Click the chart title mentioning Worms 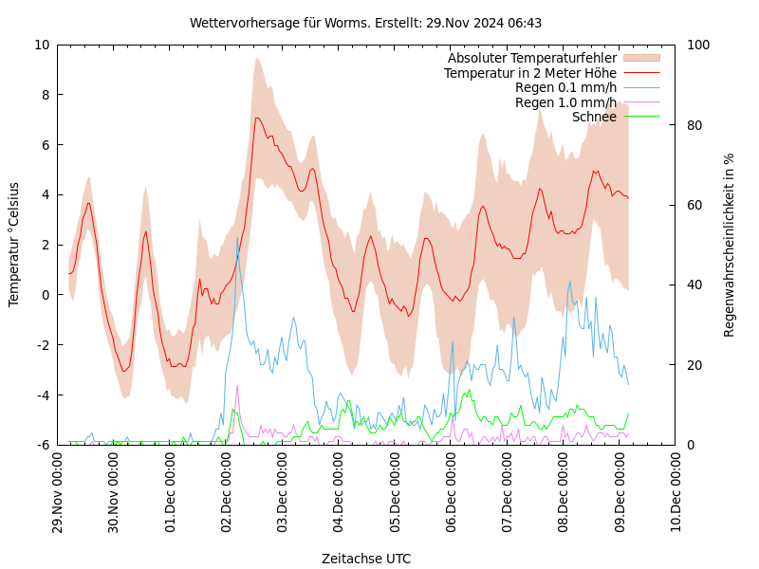(365, 23)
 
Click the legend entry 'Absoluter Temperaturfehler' (531, 59)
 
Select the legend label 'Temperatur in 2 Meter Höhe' (529, 73)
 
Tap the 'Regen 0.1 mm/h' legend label (565, 87)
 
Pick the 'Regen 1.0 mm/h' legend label (565, 102)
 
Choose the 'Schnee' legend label (594, 117)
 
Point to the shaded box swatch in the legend (641, 59)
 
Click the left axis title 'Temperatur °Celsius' (14, 244)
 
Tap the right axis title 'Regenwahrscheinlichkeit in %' (730, 244)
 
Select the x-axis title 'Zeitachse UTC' (365, 559)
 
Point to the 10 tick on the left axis (42, 45)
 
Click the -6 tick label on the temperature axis (44, 445)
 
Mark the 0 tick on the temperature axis (46, 295)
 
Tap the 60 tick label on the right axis (694, 205)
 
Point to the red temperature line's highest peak (256, 119)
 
